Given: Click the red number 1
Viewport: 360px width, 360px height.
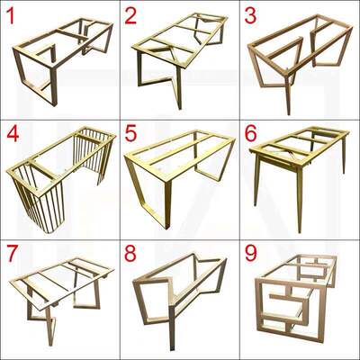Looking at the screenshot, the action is pyautogui.click(x=11, y=16).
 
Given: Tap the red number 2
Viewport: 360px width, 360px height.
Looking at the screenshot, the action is pyautogui.click(x=130, y=16).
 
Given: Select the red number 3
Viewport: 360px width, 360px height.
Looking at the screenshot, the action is pyautogui.click(x=250, y=16).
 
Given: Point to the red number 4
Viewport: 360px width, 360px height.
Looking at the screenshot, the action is pyautogui.click(x=13, y=134).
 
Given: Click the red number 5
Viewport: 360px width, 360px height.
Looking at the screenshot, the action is pyautogui.click(x=130, y=134).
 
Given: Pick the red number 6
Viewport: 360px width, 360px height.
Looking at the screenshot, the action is pyautogui.click(x=251, y=134).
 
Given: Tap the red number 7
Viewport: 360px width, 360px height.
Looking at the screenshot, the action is pyautogui.click(x=12, y=254).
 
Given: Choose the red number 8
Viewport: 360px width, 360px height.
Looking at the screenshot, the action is pyautogui.click(x=130, y=254).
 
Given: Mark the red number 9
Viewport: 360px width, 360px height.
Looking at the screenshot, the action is pyautogui.click(x=251, y=254).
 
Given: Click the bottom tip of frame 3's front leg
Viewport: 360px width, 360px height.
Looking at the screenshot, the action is pyautogui.click(x=289, y=114).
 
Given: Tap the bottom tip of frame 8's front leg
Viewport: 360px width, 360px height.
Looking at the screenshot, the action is pyautogui.click(x=172, y=349).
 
